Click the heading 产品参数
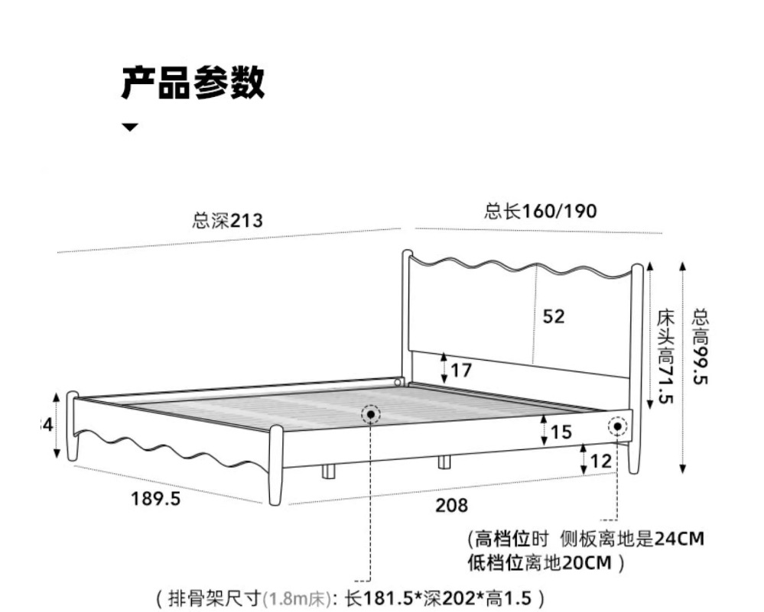click(x=193, y=82)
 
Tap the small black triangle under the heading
click(x=131, y=127)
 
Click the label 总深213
click(x=227, y=222)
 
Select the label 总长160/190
click(x=541, y=211)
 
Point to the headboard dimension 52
click(x=554, y=316)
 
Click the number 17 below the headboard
click(x=461, y=371)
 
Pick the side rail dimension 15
click(x=561, y=432)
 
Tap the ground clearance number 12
click(x=602, y=461)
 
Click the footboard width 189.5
click(x=156, y=499)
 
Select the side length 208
click(x=451, y=505)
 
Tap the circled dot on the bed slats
click(x=371, y=415)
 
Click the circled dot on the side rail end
click(x=617, y=426)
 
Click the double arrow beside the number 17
click(x=444, y=368)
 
